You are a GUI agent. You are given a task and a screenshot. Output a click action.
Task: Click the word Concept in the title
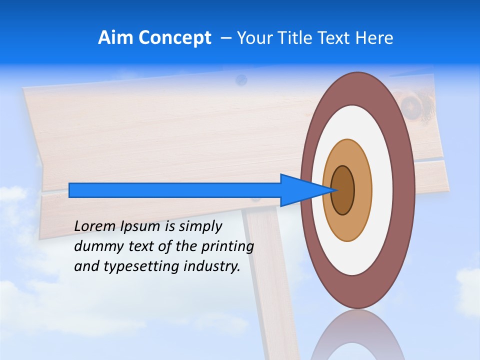174,37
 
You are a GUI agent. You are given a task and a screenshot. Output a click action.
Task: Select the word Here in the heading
374,37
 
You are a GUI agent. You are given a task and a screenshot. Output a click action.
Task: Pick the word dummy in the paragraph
97,246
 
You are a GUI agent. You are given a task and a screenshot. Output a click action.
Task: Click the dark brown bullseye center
343,190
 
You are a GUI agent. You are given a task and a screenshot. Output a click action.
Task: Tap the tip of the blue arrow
335,190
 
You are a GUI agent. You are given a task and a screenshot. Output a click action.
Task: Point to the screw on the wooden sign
241,78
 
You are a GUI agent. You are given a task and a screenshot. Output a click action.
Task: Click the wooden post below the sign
270,280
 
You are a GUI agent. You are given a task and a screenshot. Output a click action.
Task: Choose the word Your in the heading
252,37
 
